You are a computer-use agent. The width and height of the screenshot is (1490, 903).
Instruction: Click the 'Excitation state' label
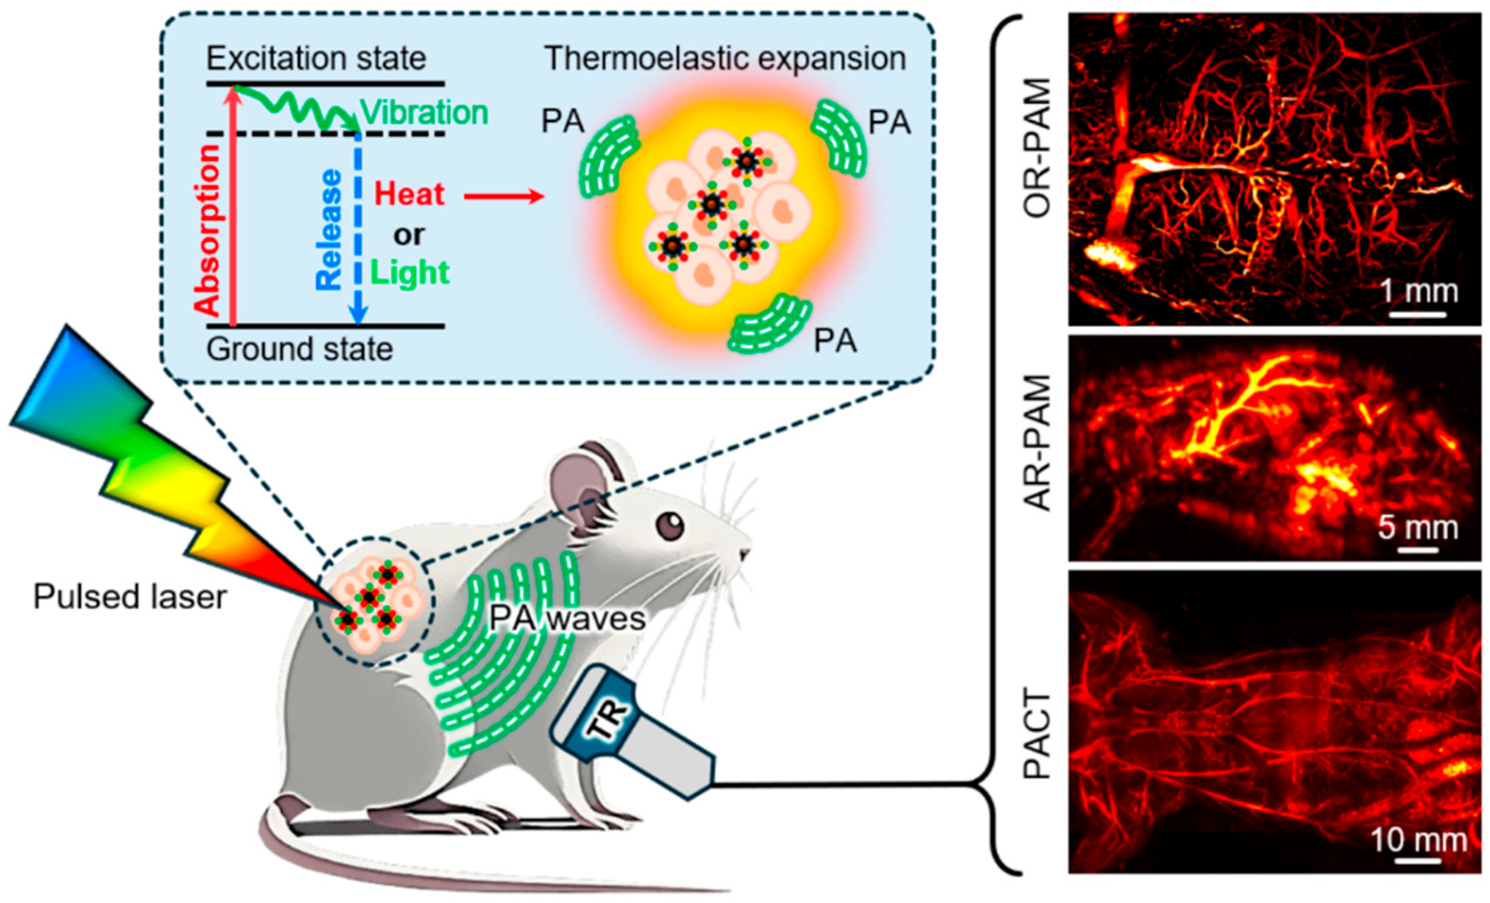click(x=316, y=59)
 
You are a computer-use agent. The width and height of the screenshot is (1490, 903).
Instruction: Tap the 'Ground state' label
click(x=300, y=349)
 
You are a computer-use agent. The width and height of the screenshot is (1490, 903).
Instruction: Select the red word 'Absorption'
click(x=209, y=230)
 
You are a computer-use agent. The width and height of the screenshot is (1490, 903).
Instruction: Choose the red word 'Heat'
click(x=409, y=194)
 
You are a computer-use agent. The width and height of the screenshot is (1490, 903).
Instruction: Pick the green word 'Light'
click(x=411, y=273)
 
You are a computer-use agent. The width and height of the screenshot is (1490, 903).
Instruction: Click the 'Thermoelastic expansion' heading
click(x=725, y=59)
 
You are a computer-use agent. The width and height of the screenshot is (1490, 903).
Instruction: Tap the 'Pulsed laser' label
click(x=130, y=597)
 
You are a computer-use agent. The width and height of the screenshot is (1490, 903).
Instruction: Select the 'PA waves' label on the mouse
click(x=567, y=619)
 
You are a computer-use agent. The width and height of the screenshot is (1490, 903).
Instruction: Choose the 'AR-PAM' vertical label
click(x=1037, y=443)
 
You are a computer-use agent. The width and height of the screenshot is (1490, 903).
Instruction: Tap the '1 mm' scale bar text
click(x=1419, y=292)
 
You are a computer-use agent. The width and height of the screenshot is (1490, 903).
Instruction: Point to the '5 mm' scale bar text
click(x=1418, y=528)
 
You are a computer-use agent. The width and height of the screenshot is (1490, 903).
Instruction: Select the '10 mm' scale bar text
click(x=1418, y=840)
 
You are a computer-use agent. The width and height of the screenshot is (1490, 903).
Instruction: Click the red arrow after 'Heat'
click(x=503, y=196)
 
